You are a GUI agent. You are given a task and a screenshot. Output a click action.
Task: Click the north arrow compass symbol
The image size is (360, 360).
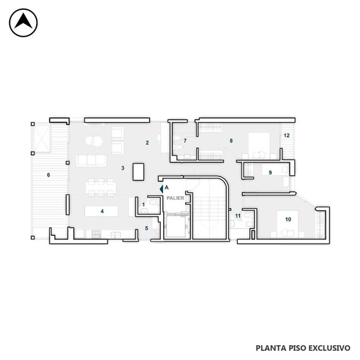pyautogui.click(x=23, y=23)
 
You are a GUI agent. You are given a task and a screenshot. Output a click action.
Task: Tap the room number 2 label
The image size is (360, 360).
pyautogui.click(x=148, y=143)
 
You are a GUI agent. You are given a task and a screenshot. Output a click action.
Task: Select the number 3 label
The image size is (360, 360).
pyautogui.click(x=123, y=168)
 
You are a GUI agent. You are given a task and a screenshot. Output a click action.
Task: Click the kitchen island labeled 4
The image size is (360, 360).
pyautogui.click(x=102, y=211)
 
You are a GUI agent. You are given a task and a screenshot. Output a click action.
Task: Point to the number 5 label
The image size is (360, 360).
pyautogui.click(x=147, y=228)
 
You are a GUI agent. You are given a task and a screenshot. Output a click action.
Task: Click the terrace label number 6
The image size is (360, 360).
pyautogui.click(x=49, y=175)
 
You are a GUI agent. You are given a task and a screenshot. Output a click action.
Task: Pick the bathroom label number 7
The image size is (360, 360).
pyautogui.click(x=185, y=140)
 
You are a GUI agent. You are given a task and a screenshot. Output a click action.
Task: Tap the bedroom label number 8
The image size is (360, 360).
pyautogui.click(x=231, y=140)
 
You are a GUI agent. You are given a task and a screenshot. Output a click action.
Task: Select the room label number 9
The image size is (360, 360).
pyautogui.click(x=270, y=173)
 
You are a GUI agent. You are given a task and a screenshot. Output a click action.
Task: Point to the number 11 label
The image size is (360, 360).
pyautogui.click(x=238, y=216)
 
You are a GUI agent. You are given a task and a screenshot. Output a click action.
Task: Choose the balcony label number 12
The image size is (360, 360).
pyautogui.click(x=287, y=136)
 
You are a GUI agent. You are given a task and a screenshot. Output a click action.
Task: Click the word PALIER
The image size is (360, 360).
pyautogui.click(x=175, y=198)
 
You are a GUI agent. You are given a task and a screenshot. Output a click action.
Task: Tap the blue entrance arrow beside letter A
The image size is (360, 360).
pyautogui.click(x=162, y=189)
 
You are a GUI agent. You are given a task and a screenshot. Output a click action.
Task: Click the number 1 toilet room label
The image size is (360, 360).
pyautogui.click(x=143, y=205)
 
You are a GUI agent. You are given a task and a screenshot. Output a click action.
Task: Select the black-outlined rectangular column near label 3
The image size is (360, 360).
pyautogui.click(x=138, y=172)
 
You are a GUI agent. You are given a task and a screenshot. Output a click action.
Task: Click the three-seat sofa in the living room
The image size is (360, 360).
pyautogui.click(x=91, y=160)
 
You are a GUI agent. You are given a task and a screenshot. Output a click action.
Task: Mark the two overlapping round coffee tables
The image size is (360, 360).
pyautogui.click(x=94, y=141)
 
